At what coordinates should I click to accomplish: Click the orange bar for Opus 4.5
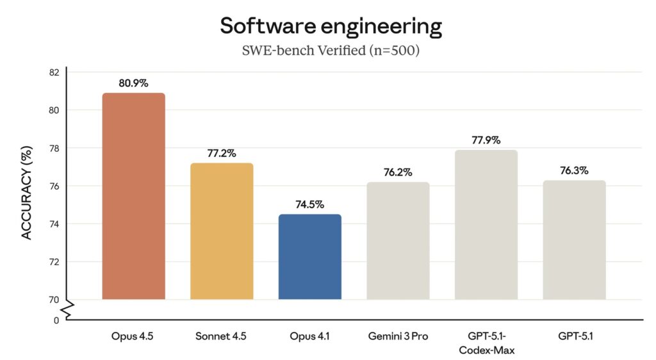tap(133, 196)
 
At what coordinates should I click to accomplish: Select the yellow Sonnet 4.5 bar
tap(222, 231)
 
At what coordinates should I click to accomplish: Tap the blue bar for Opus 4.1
tap(310, 257)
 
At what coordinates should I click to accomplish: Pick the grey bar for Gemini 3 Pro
tap(398, 241)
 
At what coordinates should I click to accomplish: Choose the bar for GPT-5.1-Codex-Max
tap(486, 225)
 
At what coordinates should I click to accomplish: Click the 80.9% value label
tap(133, 83)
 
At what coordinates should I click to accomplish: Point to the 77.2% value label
tap(222, 154)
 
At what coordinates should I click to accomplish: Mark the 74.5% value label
tap(310, 205)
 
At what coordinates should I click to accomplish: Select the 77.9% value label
tap(486, 140)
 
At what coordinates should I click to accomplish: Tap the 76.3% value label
tap(574, 171)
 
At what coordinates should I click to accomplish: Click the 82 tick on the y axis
tap(54, 72)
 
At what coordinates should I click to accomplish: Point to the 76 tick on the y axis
tap(54, 186)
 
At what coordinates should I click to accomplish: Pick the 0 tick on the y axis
tap(56, 320)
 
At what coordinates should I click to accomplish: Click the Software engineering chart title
tap(331, 26)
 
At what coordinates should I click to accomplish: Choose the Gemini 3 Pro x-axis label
tap(398, 336)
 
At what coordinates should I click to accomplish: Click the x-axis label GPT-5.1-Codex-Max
tap(486, 343)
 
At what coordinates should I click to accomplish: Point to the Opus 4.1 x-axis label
tap(310, 336)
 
